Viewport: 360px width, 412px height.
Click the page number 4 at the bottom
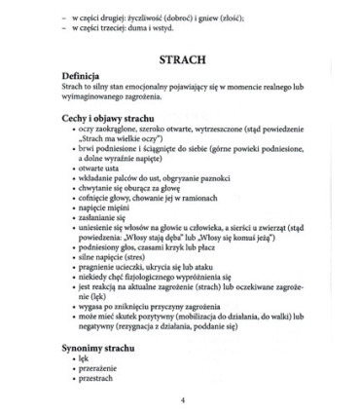click(x=180, y=398)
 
